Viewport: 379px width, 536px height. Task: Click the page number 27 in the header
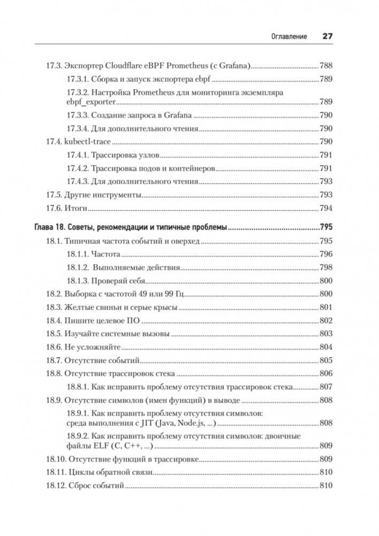click(327, 36)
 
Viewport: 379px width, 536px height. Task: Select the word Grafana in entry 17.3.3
click(177, 116)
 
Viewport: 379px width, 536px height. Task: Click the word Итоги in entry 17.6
click(76, 208)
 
